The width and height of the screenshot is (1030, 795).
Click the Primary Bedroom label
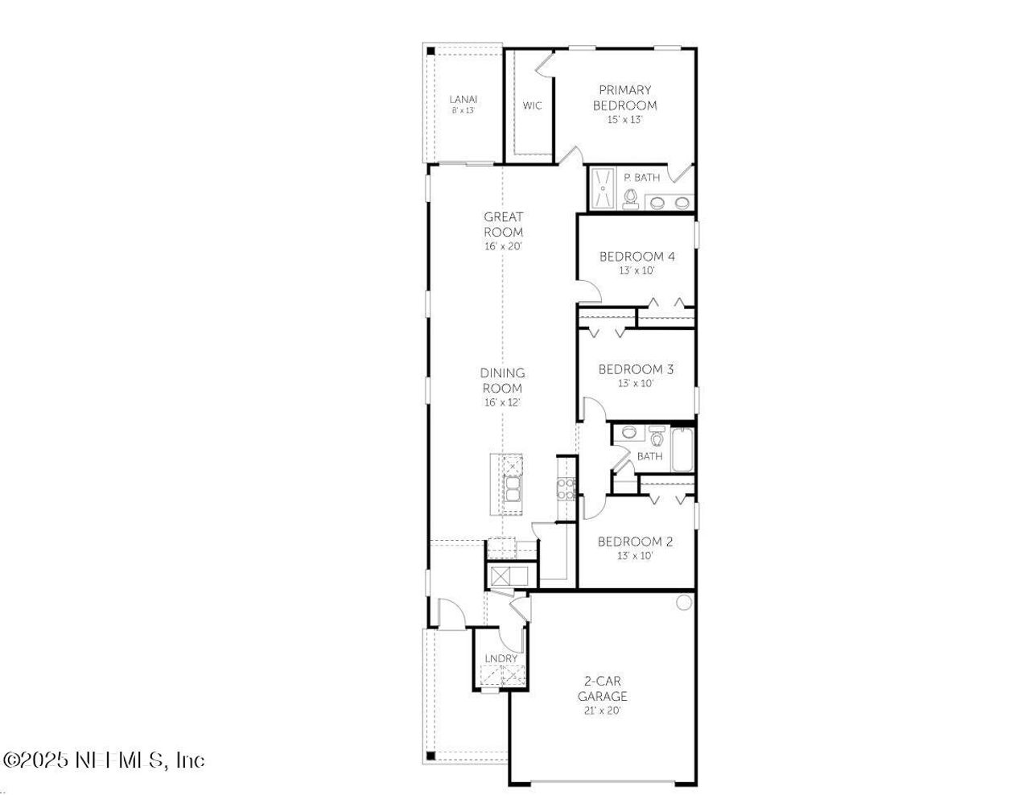coord(624,97)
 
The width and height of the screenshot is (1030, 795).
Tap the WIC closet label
coord(532,105)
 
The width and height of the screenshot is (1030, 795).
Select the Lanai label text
coord(463,100)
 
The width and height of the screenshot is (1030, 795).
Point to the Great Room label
coord(503,224)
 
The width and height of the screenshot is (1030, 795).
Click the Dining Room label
coord(502,380)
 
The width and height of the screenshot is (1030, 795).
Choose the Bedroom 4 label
coord(637,257)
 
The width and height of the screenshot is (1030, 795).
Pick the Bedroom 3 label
coord(636,369)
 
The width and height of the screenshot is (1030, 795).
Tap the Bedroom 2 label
coord(635,542)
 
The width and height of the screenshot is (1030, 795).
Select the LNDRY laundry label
coord(501,659)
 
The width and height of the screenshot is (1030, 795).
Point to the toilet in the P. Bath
coord(630,197)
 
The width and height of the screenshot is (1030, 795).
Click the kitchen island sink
coord(512,486)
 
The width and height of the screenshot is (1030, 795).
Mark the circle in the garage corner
coord(684,602)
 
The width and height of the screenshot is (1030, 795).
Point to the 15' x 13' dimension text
coord(624,120)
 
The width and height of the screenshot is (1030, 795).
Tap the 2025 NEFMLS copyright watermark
coord(105,760)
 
